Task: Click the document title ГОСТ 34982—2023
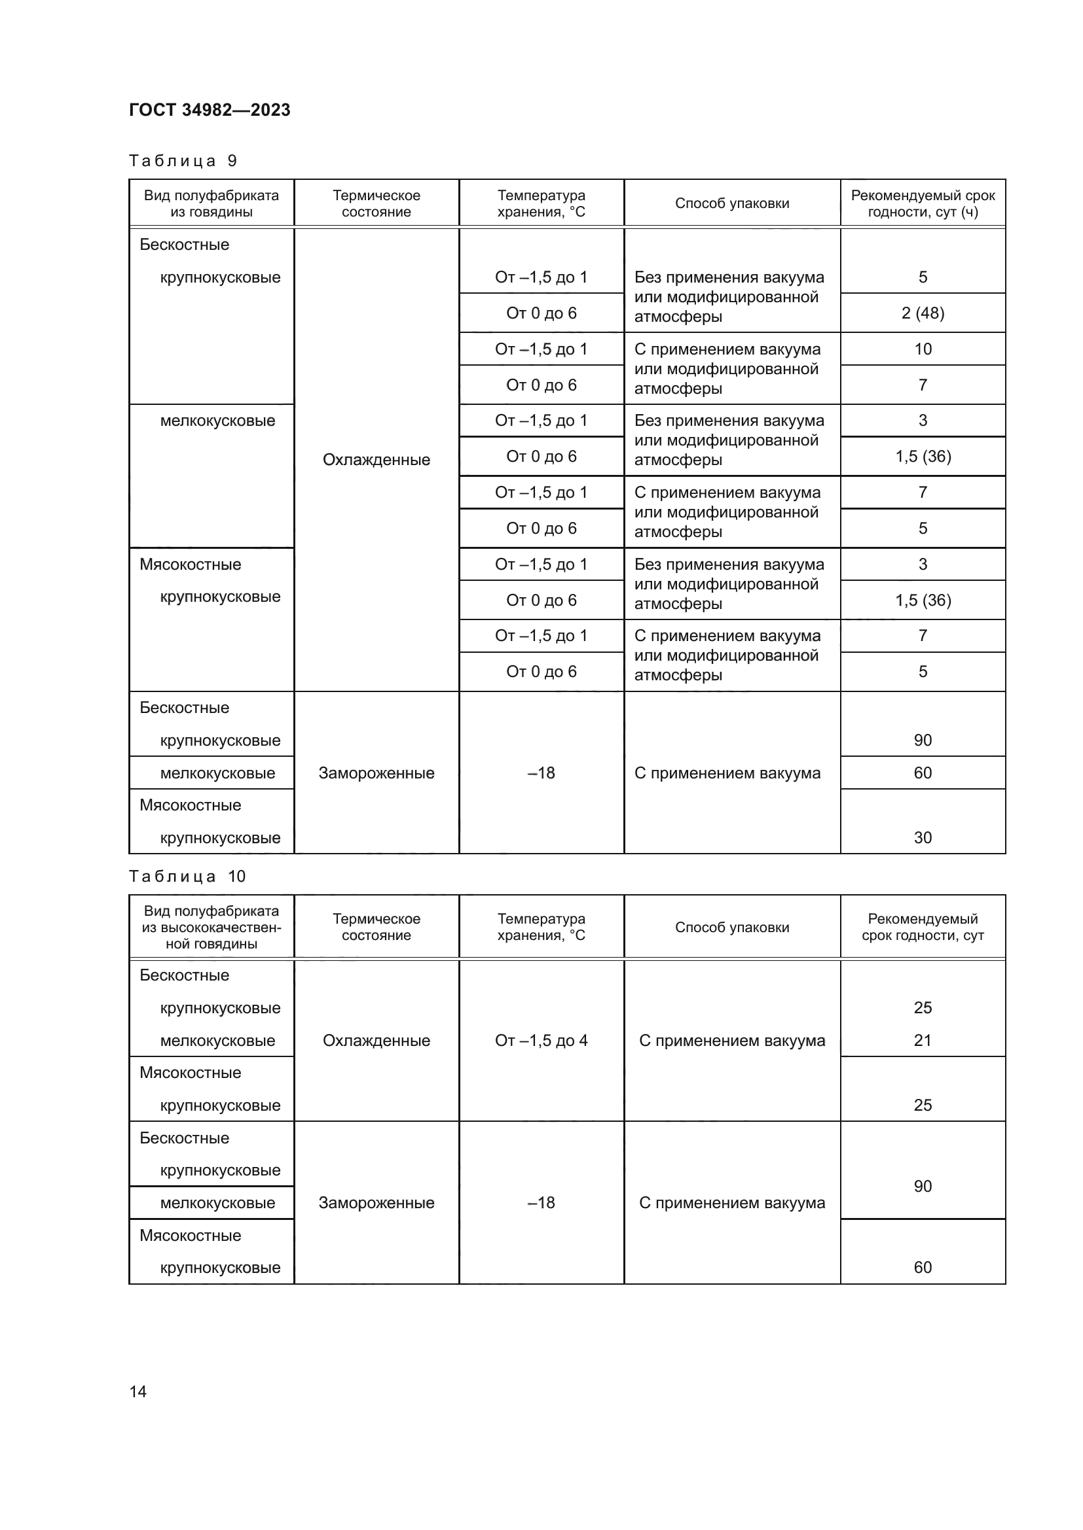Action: pos(210,110)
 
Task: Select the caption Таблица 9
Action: pos(183,161)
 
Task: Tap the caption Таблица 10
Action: pos(187,877)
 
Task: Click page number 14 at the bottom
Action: pos(138,1391)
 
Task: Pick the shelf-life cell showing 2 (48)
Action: pos(923,313)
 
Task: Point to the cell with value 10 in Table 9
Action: pos(923,349)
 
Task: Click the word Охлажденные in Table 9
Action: pos(376,460)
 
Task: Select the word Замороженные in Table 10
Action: pos(376,1203)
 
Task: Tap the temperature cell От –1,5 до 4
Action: pos(541,1040)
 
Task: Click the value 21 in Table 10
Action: pos(923,1040)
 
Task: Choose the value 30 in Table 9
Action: pos(923,838)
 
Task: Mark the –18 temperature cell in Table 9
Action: pos(541,773)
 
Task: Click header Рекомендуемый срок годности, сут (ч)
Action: pos(923,203)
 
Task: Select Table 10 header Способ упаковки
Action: pos(731,927)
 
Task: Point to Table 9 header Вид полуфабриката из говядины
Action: pos(211,203)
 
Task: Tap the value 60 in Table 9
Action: pos(923,773)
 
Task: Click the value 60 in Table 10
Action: pos(923,1268)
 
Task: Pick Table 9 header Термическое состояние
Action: pos(376,203)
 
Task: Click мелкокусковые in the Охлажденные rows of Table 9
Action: pos(217,421)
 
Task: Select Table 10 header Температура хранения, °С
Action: pos(541,927)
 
